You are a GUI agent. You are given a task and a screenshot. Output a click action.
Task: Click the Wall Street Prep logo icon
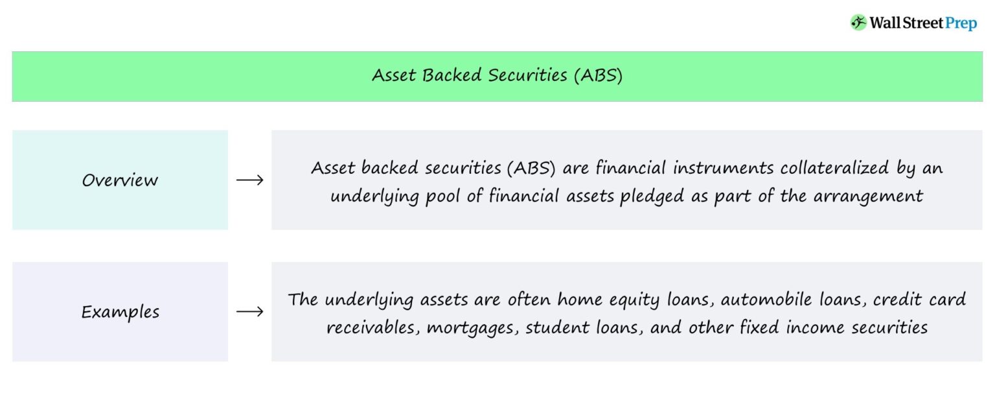tap(858, 23)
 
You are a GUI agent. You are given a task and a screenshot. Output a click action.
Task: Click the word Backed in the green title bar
tap(452, 75)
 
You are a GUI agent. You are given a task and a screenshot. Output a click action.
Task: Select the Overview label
tap(120, 180)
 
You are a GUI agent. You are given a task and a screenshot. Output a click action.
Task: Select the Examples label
tap(120, 312)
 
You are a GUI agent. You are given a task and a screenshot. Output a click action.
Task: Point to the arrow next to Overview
tap(249, 180)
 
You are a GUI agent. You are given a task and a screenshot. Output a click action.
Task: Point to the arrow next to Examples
tap(249, 312)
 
